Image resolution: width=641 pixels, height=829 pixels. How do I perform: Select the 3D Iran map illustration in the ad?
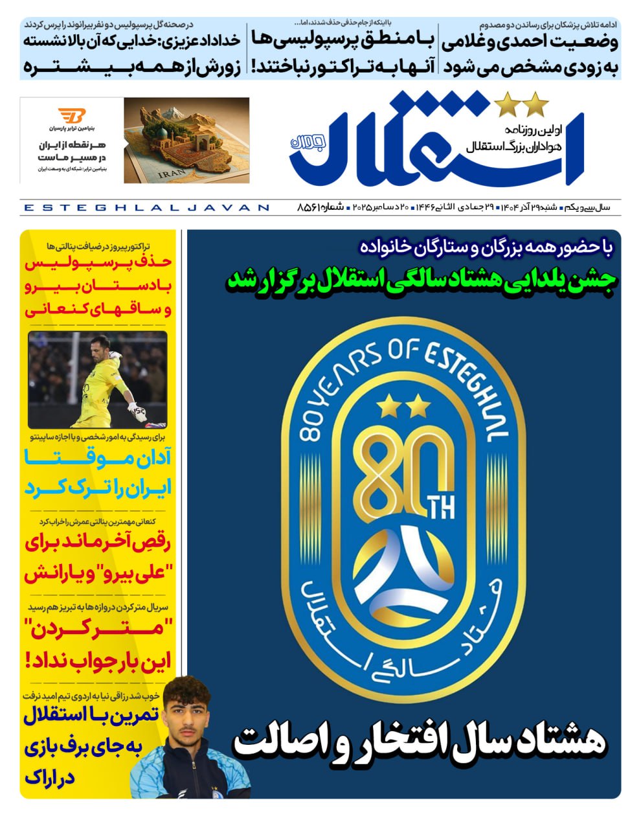pos(186,141)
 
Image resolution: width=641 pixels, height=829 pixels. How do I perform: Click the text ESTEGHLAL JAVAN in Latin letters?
pos(146,208)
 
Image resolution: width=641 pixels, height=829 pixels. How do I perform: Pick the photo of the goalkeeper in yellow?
pos(97,379)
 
